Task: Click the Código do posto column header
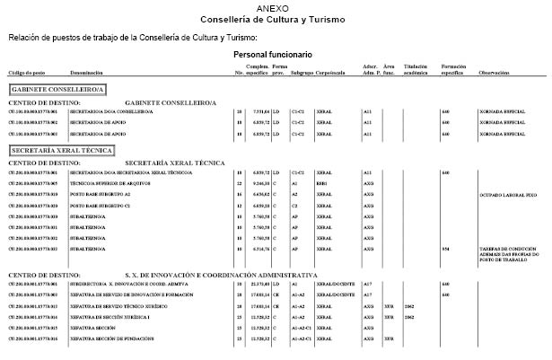[26, 72]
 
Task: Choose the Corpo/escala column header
[330, 72]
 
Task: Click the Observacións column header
[495, 72]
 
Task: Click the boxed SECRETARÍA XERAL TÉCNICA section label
[61, 149]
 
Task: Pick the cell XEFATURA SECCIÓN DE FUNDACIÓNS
[110, 339]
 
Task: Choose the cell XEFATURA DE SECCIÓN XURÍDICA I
[111, 317]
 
